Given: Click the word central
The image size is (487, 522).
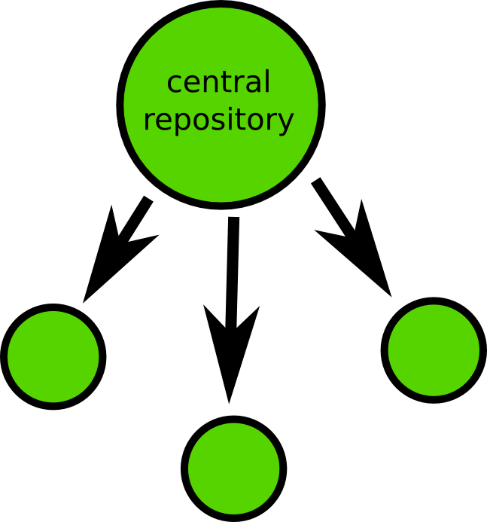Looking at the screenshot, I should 218,82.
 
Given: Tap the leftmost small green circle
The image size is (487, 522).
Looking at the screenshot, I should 53,356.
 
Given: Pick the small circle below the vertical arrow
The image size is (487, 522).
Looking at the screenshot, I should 233,467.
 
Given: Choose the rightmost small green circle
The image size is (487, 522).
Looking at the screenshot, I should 433,349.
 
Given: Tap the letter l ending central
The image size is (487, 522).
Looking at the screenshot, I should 266,81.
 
